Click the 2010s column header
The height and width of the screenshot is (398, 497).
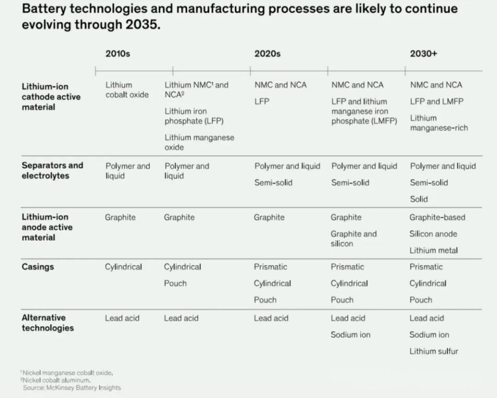[x=118, y=54]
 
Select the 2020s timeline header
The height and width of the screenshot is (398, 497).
[x=267, y=54]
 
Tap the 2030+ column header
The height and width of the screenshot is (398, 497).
[x=423, y=54]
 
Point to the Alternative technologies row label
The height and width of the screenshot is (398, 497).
[x=48, y=323]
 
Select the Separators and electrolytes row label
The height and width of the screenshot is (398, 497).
[x=52, y=171]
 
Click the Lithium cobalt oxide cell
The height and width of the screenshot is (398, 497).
[x=127, y=90]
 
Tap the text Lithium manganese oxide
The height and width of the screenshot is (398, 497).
[x=199, y=142]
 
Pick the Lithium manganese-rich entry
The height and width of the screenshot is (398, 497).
[x=439, y=123]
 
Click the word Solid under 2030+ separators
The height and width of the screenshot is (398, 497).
[x=419, y=199]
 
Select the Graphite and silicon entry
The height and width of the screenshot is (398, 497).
[x=354, y=238]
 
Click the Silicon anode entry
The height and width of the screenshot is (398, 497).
[x=433, y=234]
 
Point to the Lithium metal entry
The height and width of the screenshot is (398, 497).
[x=433, y=250]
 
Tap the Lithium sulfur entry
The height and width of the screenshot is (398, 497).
[x=433, y=351]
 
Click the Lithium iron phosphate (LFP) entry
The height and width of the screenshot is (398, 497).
[x=194, y=116]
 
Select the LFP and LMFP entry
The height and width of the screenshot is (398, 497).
[x=436, y=101]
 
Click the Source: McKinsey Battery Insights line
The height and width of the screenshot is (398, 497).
[x=72, y=387]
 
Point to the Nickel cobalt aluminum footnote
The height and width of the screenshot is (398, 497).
[x=57, y=380]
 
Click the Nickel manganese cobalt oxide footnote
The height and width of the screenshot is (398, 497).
[x=68, y=373]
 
